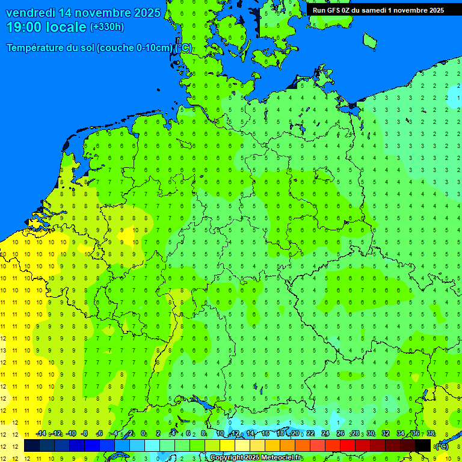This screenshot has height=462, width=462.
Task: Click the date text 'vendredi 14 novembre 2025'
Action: click(83, 13)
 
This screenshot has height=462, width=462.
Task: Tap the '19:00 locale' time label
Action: click(46, 27)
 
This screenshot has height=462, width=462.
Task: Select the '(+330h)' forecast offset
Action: click(107, 27)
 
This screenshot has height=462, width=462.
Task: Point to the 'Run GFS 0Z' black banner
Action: click(378, 10)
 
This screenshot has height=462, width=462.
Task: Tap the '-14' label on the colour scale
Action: click(41, 434)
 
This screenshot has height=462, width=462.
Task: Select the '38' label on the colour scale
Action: click(431, 434)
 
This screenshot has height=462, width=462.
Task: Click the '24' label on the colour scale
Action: click(325, 434)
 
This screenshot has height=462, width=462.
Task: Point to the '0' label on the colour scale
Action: click(143, 434)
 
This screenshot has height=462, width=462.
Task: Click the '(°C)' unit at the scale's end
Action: click(442, 446)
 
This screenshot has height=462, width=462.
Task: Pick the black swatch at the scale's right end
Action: click(423, 446)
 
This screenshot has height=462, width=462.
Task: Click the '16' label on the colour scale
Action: click(265, 434)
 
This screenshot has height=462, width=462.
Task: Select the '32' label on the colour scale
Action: click(386, 434)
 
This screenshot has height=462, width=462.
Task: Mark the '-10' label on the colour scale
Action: click(70, 434)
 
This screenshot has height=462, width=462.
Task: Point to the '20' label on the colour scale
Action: click(295, 434)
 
